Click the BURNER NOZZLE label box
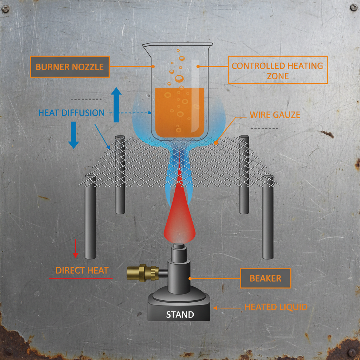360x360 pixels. click(70, 67)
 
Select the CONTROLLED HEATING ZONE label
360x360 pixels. click(278, 70)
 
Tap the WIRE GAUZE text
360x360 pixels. click(275, 115)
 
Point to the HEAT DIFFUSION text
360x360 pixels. click(71, 113)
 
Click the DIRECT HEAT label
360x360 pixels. click(82, 270)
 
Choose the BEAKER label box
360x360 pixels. click(265, 278)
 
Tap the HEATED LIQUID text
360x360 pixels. click(276, 307)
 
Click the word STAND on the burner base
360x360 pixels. click(180, 315)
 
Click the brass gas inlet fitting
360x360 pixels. click(143, 273)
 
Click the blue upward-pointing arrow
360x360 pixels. click(116, 105)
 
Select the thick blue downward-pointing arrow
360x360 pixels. click(73, 135)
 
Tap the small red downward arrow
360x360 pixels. click(76, 248)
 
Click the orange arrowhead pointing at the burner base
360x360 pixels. click(215, 308)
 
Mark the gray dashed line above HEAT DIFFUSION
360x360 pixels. click(86, 99)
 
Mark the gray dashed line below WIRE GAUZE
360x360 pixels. click(264, 128)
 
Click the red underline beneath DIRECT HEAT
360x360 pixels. click(81, 279)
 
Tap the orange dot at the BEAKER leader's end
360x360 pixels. click(190, 278)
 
